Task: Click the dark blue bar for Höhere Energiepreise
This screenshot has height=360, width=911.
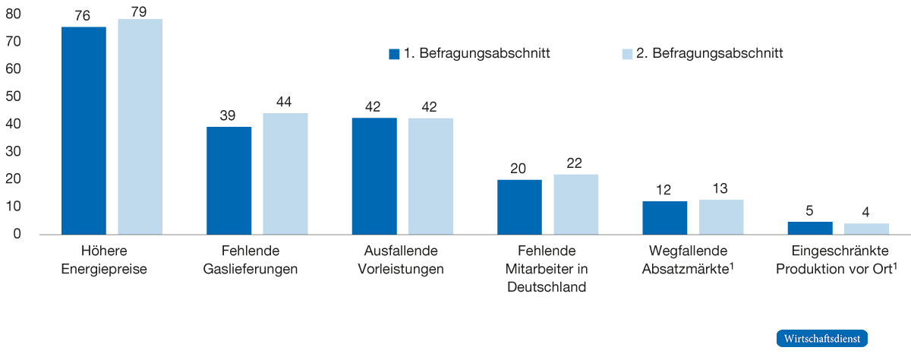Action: pyautogui.click(x=84, y=131)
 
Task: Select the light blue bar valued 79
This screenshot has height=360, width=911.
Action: pyautogui.click(x=140, y=127)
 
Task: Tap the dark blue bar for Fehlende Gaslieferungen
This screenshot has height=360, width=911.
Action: pyautogui.click(x=229, y=181)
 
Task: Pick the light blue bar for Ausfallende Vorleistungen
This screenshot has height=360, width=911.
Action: pyautogui.click(x=430, y=176)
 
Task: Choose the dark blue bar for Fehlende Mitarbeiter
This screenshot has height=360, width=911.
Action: pyautogui.click(x=519, y=207)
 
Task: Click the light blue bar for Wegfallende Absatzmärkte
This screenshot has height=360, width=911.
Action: pyautogui.click(x=721, y=217)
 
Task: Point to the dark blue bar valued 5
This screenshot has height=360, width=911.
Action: pyautogui.click(x=810, y=228)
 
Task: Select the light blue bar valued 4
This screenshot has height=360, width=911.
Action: pyautogui.click(x=866, y=229)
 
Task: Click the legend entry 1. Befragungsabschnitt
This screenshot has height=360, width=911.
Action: pyautogui.click(x=469, y=54)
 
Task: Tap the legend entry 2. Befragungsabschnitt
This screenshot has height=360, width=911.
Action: pyautogui.click(x=702, y=54)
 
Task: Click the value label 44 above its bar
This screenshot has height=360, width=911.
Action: pyautogui.click(x=285, y=103)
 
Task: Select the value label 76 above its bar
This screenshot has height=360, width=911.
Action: pyautogui.click(x=84, y=15)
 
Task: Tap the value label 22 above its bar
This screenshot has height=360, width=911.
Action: pyautogui.click(x=576, y=163)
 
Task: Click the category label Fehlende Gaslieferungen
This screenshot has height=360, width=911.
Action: pyautogui.click(x=250, y=260)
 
